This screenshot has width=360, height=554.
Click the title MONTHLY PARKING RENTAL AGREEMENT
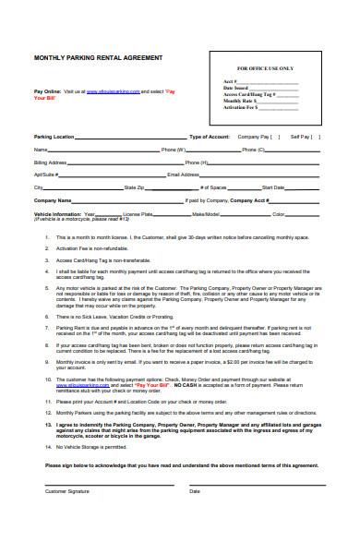pos(98,57)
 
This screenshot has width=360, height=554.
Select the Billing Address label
pos(53,162)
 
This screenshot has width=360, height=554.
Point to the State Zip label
pos(134,187)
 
